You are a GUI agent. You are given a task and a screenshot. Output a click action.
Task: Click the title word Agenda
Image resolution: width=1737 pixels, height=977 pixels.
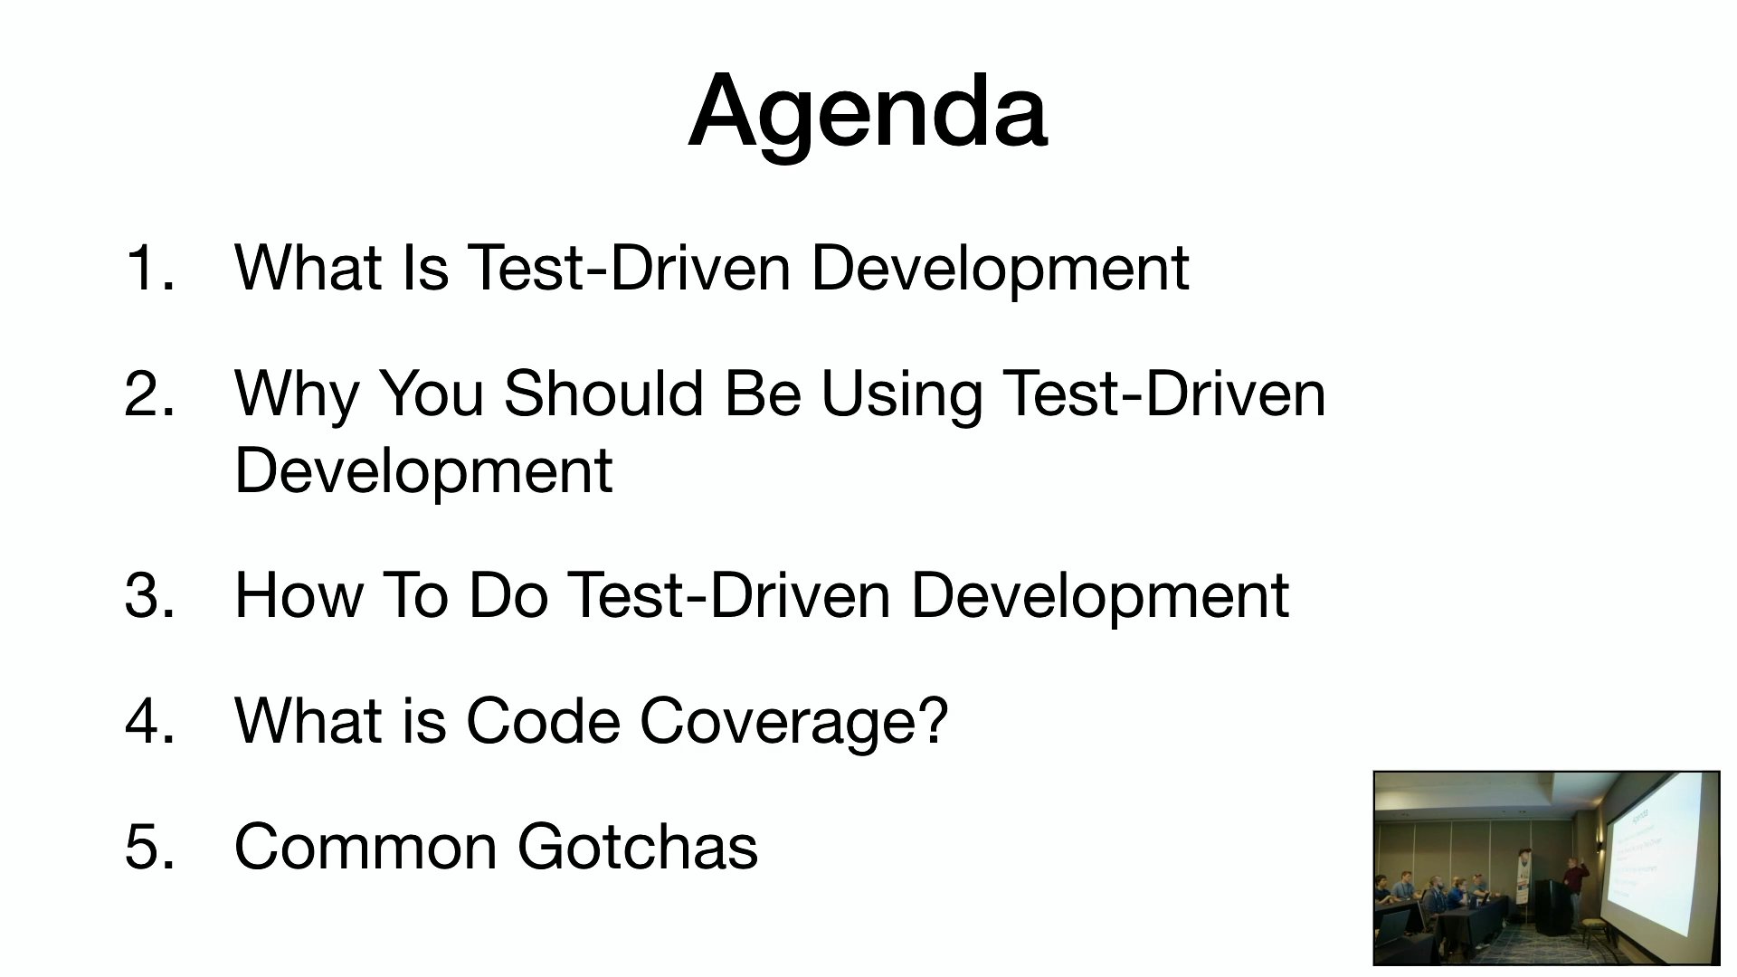[868, 113]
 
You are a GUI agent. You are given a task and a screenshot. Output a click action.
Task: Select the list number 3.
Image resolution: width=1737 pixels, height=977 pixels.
[149, 595]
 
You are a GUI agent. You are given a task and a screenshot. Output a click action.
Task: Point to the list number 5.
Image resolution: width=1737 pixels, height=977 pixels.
[149, 847]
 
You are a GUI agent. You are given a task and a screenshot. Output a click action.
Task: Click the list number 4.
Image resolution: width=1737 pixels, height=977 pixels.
[149, 721]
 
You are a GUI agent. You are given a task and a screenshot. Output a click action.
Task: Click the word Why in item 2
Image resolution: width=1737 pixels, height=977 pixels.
[298, 395]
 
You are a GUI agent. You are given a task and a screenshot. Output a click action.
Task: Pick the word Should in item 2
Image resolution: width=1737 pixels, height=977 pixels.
[603, 394]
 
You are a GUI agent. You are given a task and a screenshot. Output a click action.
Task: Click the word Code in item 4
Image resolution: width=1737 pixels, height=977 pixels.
[545, 721]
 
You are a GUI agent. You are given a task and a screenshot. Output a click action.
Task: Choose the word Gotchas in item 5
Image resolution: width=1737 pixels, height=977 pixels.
[638, 847]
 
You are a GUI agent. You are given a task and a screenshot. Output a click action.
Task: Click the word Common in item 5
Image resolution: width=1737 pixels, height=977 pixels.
[365, 847]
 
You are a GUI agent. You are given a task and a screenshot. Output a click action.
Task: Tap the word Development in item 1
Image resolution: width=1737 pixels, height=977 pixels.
[1000, 269]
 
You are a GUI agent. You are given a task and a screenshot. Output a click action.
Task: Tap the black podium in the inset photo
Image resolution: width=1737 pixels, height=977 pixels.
[1554, 906]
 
